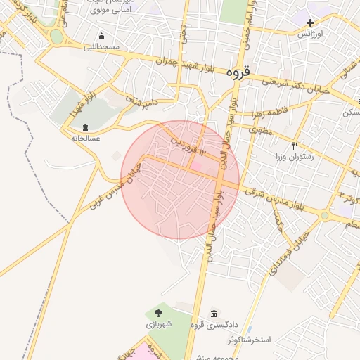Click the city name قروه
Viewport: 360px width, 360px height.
pyautogui.click(x=238, y=72)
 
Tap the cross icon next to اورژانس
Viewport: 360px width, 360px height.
pyautogui.click(x=311, y=22)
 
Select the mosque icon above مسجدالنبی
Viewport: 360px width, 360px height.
pyautogui.click(x=102, y=37)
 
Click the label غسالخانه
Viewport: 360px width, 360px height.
pyautogui.click(x=85, y=138)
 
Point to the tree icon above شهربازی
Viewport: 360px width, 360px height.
pyautogui.click(x=157, y=313)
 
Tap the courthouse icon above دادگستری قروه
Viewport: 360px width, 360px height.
pyautogui.click(x=214, y=313)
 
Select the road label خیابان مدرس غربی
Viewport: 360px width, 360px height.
pyautogui.click(x=115, y=185)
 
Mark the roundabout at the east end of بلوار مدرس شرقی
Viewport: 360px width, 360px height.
pyautogui.click(x=325, y=215)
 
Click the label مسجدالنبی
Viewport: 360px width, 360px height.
pyautogui.click(x=102, y=47)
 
